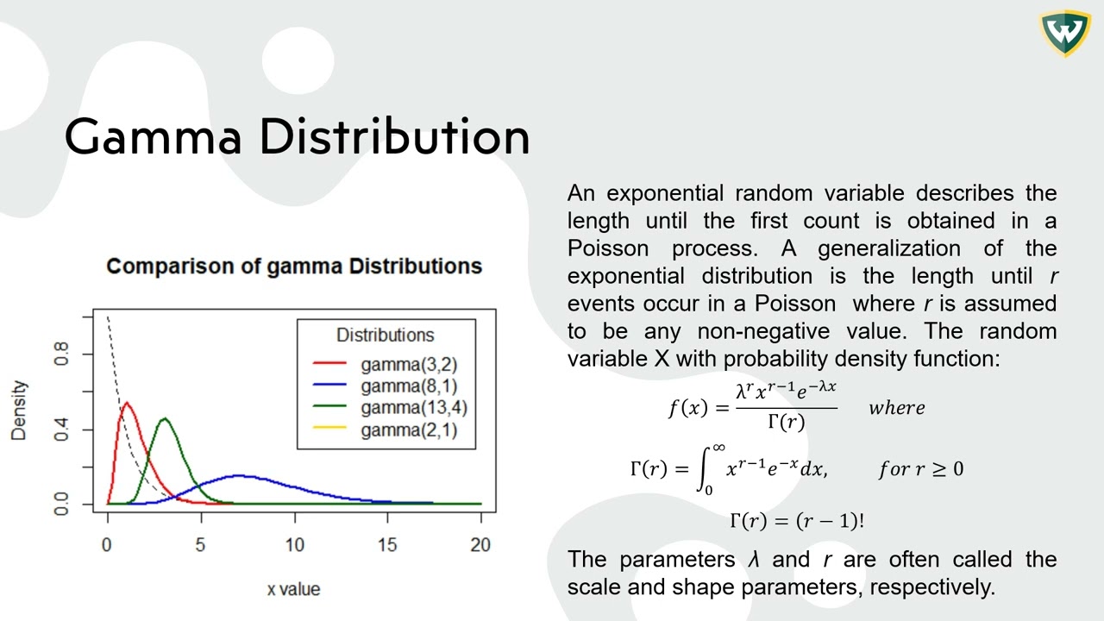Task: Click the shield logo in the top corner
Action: [x=1064, y=33]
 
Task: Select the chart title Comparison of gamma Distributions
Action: [x=293, y=266]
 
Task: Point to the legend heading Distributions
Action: [x=385, y=335]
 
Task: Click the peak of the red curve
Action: [x=126, y=403]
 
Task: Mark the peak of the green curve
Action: [x=164, y=419]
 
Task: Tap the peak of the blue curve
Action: [x=239, y=475]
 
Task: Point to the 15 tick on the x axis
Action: [x=387, y=545]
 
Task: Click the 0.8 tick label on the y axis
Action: [x=62, y=354]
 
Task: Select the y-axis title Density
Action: [x=19, y=411]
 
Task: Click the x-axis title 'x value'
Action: [x=293, y=589]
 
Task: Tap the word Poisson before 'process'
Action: [x=607, y=248]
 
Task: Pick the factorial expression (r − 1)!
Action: [x=827, y=521]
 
